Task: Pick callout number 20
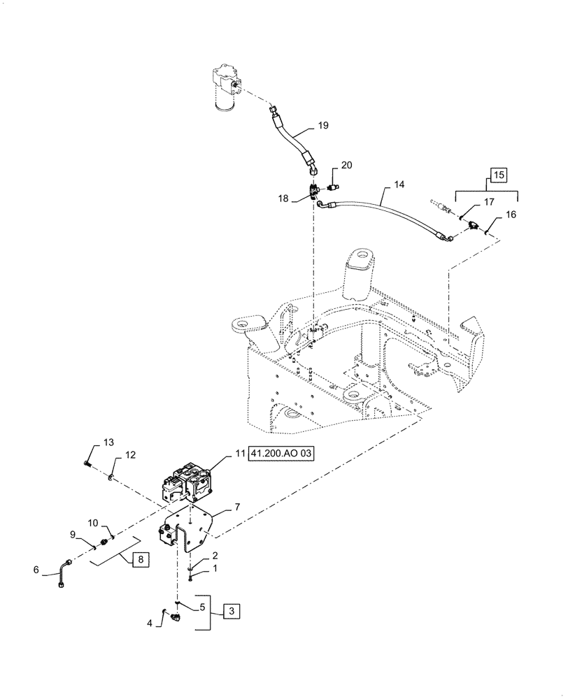(346, 166)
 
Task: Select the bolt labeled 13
(86, 462)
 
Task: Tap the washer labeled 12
(111, 478)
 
